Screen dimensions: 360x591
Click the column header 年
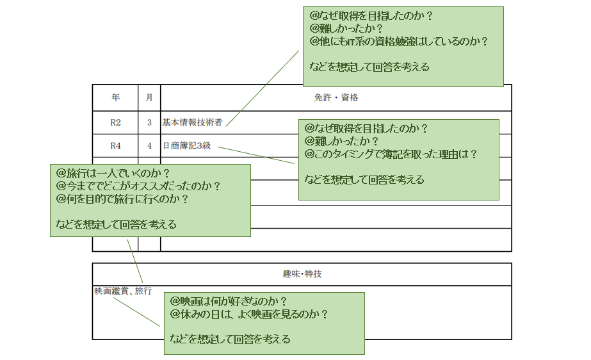click(x=115, y=98)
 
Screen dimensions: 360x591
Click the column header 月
click(x=149, y=98)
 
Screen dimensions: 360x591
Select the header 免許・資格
click(x=336, y=98)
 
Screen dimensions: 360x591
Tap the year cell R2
click(x=115, y=122)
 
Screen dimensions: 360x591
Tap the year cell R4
click(x=115, y=145)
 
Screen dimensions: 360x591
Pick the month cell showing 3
click(x=149, y=122)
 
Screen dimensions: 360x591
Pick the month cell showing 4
click(x=149, y=145)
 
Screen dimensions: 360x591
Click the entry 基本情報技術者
click(x=192, y=122)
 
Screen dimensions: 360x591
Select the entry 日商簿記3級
click(x=186, y=145)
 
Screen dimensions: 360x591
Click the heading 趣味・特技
click(x=302, y=274)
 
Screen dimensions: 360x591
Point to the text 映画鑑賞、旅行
click(x=124, y=291)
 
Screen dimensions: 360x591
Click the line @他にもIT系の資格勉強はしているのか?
click(x=399, y=42)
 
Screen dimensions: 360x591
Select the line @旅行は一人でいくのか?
click(x=113, y=174)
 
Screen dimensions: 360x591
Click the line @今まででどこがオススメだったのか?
click(x=138, y=186)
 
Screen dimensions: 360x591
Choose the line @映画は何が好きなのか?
click(x=228, y=301)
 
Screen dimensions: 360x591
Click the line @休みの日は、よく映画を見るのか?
click(x=249, y=314)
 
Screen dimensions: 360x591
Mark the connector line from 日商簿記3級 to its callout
click(x=256, y=155)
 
